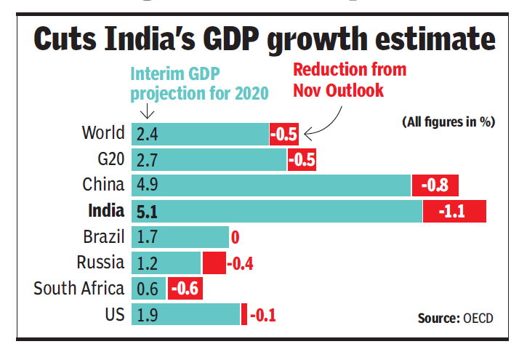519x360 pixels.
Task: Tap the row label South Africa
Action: (79, 289)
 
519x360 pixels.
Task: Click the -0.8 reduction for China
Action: (435, 185)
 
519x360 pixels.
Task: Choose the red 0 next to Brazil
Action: (235, 237)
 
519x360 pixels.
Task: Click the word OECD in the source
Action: (479, 319)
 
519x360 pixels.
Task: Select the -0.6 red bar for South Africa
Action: (185, 289)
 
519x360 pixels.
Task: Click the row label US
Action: (115, 315)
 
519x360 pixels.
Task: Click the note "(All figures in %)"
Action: (448, 122)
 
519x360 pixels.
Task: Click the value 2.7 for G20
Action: (147, 159)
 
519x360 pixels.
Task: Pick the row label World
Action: (103, 134)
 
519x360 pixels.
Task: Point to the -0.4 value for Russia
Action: (240, 263)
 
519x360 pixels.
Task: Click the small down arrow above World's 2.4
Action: (146, 112)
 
